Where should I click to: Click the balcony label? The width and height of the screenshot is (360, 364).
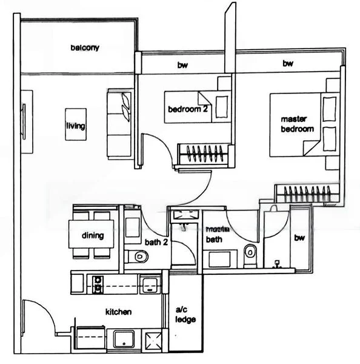(x=84, y=48)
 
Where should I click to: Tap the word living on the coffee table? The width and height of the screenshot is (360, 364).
(x=75, y=126)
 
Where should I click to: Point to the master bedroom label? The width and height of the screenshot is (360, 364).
(x=296, y=124)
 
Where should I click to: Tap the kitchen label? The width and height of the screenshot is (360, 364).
(x=118, y=312)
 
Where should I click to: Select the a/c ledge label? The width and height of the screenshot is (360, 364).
(x=185, y=315)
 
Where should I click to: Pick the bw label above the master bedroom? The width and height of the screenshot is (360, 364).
(x=288, y=63)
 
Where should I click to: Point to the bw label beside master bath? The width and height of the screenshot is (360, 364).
(x=299, y=238)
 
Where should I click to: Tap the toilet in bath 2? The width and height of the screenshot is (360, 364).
(x=139, y=257)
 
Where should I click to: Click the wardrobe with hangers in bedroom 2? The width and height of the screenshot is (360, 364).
(x=203, y=153)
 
